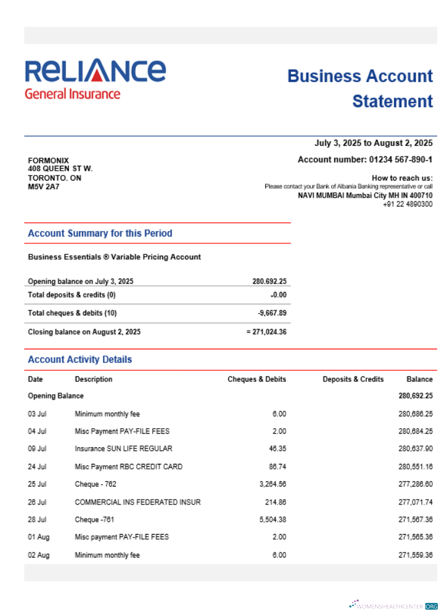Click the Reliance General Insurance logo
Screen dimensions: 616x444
[95, 79]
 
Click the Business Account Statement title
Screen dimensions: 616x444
[360, 89]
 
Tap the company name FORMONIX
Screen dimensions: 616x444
[49, 160]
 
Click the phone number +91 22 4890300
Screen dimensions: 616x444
[408, 204]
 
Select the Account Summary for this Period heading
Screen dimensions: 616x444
[100, 233]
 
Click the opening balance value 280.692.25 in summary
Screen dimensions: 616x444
[269, 282]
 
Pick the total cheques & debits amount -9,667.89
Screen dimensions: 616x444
[272, 313]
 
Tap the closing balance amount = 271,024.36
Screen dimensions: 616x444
[266, 332]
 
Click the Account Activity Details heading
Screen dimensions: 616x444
[80, 360]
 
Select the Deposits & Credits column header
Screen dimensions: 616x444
[353, 379]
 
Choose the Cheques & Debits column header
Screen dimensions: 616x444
[257, 379]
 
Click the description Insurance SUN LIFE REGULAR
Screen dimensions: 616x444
[123, 449]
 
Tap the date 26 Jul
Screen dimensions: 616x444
[37, 502]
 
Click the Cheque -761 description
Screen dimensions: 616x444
[96, 520]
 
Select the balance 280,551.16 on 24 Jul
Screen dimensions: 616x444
[416, 467]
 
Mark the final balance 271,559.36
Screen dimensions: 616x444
[416, 556]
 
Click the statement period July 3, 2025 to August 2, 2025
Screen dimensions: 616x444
[373, 144]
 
